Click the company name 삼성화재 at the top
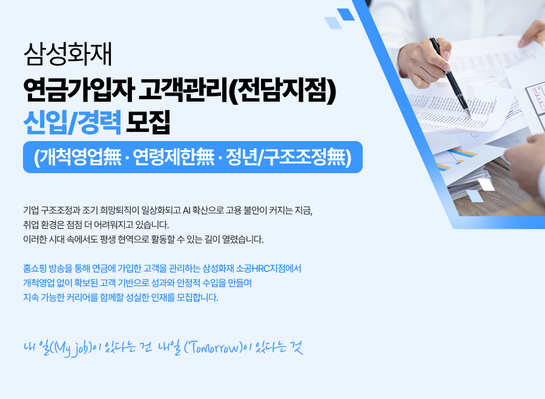[x=67, y=54]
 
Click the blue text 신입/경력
[x=72, y=122]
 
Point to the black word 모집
[x=148, y=122]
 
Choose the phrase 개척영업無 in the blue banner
[x=78, y=157]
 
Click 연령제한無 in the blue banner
[x=174, y=157]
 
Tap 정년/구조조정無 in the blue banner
[x=289, y=157]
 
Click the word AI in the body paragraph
[x=187, y=210]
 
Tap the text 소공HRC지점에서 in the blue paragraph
[x=269, y=269]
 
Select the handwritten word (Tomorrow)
[x=213, y=348]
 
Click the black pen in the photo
[x=450, y=77]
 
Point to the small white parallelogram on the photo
[x=486, y=185]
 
